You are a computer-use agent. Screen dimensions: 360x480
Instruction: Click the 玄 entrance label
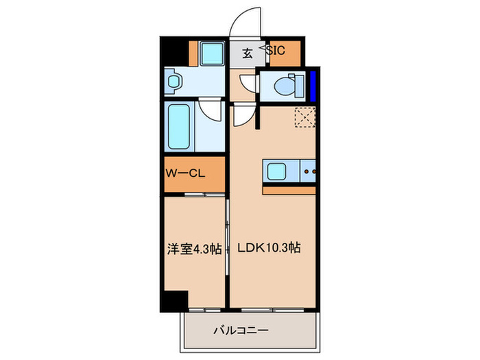click(247, 51)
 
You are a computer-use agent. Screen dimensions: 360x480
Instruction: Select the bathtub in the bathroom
click(181, 127)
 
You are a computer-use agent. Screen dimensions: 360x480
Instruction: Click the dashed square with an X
click(304, 119)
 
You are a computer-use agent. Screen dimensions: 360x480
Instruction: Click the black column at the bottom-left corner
click(176, 300)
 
